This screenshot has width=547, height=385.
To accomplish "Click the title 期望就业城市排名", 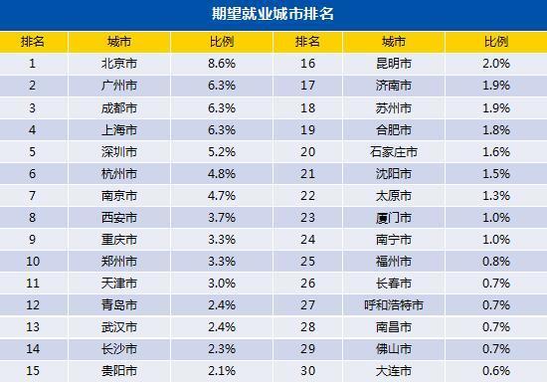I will tap(273, 16).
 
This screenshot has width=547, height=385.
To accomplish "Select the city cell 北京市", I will tap(120, 63).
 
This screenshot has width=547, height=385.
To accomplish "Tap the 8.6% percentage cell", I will tap(221, 63).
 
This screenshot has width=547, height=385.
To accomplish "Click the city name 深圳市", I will tap(120, 152).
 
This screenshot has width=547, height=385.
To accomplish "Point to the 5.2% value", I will tap(221, 152).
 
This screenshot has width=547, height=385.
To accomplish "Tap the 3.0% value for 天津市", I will tap(221, 284).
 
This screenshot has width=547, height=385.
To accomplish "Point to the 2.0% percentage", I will tap(495, 63).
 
